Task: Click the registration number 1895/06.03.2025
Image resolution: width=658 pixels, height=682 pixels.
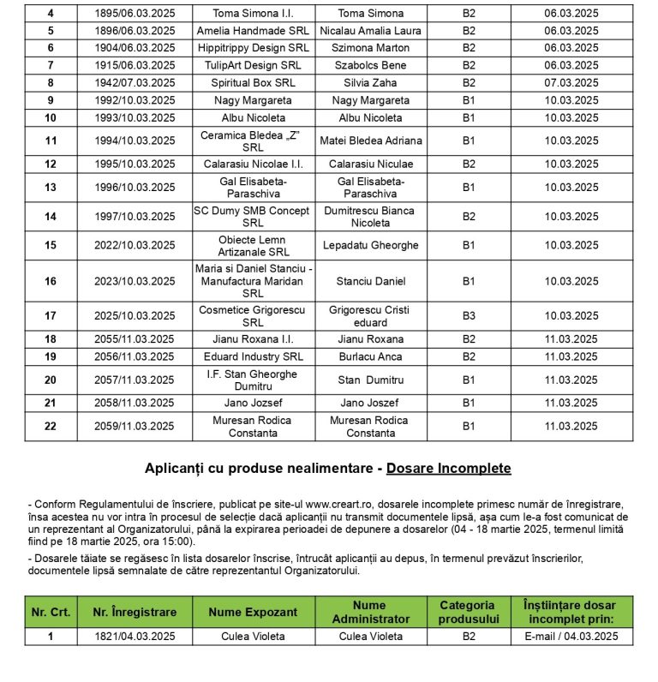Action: tap(135, 14)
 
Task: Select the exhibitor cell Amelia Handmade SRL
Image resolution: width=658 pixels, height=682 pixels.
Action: tap(253, 30)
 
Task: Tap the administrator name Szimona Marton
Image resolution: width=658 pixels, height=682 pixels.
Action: tap(370, 48)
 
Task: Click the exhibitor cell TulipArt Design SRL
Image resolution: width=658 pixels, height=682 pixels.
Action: tap(253, 65)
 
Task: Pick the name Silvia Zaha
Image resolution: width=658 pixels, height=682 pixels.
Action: tap(370, 83)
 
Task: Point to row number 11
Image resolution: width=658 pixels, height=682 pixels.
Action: tap(51, 141)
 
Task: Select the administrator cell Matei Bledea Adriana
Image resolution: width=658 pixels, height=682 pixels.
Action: tap(370, 141)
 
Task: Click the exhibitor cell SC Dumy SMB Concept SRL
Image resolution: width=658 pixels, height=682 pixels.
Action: tap(253, 217)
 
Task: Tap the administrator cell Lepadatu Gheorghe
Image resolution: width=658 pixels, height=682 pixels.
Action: tap(370, 245)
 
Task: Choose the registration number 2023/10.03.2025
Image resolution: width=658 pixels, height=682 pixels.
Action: tap(135, 281)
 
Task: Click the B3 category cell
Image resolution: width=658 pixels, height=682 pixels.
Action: tap(469, 316)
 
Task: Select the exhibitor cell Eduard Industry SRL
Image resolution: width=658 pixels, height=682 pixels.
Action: tap(253, 356)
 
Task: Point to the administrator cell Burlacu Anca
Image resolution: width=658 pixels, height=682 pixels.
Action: tap(370, 356)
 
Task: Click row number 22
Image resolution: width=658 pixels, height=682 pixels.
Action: tap(51, 426)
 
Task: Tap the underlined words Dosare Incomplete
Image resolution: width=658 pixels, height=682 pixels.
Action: tap(448, 468)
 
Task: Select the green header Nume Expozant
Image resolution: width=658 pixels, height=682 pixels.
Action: tap(253, 612)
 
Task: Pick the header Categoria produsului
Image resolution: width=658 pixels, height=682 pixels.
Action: tap(469, 612)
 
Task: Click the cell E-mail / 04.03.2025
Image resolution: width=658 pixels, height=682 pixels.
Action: tap(571, 637)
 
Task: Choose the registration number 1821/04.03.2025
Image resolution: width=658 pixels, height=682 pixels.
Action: tap(135, 637)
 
